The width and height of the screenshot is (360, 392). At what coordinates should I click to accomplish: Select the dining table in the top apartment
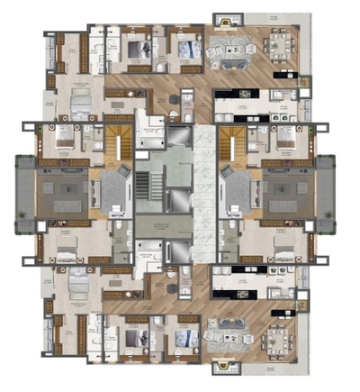click(x=280, y=43)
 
